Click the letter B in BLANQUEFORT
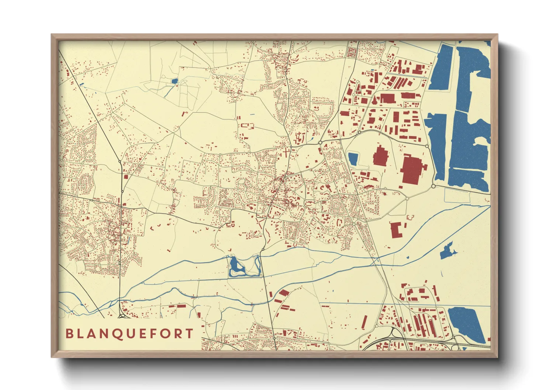coord(69,334)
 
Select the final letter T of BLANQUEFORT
coord(190,334)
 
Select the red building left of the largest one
coord(380,156)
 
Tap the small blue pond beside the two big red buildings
coord(353,159)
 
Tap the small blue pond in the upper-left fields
coord(174,81)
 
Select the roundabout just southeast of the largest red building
coord(433,186)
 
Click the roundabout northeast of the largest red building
coord(427,146)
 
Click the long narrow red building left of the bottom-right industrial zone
coord(364,322)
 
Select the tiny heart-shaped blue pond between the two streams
coord(408,257)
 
